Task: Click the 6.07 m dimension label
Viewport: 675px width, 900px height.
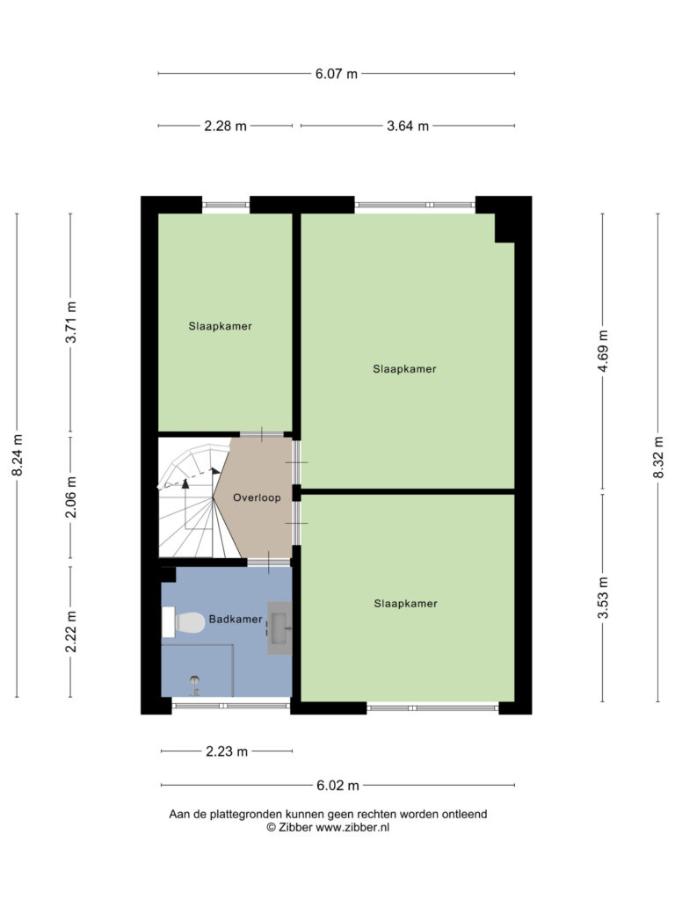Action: click(337, 74)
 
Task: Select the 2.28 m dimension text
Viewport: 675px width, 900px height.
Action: click(226, 126)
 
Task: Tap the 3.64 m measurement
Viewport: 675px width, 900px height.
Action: click(408, 126)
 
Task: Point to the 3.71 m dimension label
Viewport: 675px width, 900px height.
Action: click(70, 322)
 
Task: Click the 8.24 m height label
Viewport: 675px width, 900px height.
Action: click(18, 454)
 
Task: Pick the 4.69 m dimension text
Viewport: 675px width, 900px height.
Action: click(603, 352)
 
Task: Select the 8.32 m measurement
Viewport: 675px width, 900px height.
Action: click(658, 457)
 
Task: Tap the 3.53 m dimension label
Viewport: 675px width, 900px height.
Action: click(603, 598)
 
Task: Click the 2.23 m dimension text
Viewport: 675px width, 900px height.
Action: click(227, 751)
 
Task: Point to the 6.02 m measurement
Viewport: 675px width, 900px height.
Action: click(337, 785)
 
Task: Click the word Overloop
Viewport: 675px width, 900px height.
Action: click(257, 497)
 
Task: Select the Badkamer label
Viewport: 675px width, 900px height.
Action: click(236, 619)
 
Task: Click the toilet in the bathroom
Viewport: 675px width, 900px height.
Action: click(184, 622)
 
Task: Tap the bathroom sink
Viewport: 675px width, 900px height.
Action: click(279, 628)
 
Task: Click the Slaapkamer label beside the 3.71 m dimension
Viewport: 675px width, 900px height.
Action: click(221, 326)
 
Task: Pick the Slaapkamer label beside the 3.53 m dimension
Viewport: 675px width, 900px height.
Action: click(406, 603)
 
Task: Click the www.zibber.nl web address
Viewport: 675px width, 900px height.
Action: click(352, 827)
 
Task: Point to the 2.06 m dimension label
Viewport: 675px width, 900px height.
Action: click(70, 497)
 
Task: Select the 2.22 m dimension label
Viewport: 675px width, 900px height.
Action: click(70, 631)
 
